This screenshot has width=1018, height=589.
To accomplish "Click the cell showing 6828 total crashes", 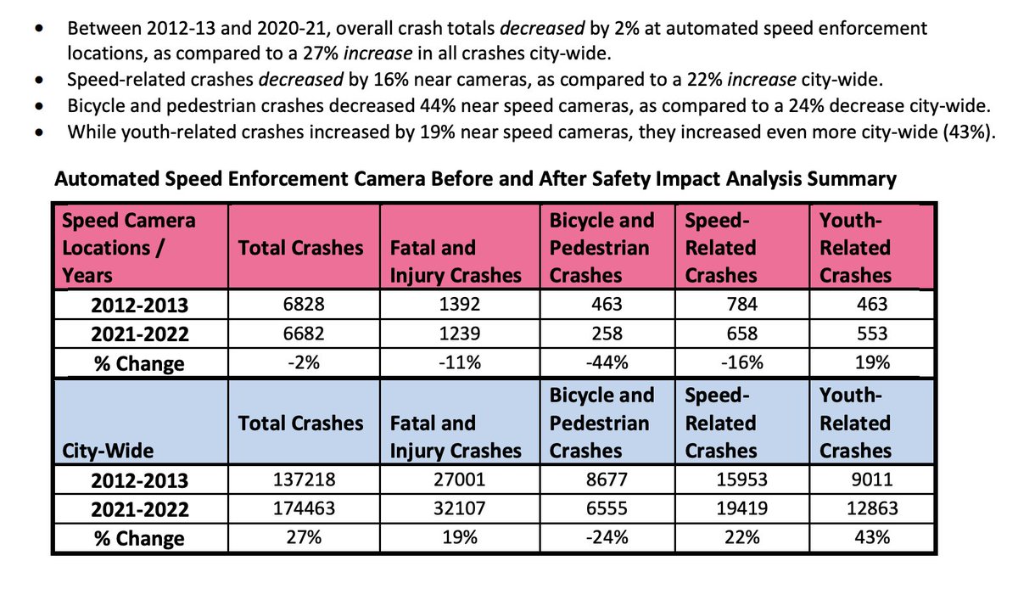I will [301, 304].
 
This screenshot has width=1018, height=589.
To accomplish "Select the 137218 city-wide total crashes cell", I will [301, 480].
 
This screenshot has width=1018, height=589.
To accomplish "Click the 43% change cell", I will [873, 538].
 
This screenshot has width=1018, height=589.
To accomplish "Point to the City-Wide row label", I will [98, 451].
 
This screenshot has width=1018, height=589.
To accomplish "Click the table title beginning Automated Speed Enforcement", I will [475, 179].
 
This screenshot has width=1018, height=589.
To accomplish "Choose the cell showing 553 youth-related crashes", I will [873, 334].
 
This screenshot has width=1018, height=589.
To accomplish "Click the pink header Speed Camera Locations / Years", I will [127, 248].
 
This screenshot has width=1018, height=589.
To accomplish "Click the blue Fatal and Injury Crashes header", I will [456, 437].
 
